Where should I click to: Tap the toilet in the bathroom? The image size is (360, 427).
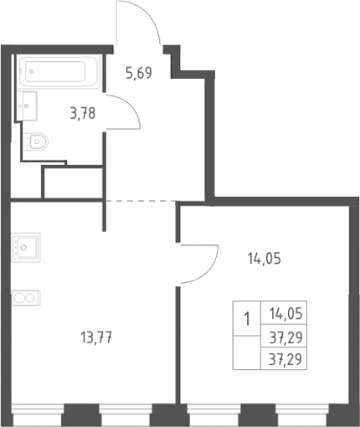[x=35, y=141]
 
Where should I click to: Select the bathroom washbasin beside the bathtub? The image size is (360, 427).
[x=27, y=106]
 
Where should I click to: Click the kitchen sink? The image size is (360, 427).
[x=26, y=247]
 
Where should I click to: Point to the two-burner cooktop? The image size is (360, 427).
[x=26, y=298]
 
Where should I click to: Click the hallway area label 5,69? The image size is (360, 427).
[x=139, y=73]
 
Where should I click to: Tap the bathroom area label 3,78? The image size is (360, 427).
[x=83, y=114]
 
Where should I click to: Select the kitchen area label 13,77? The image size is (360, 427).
[x=96, y=338]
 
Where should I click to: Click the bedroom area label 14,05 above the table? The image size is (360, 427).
[x=265, y=259]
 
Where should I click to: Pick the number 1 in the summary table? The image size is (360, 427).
[x=247, y=319]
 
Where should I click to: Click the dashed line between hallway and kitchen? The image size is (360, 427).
[x=141, y=201]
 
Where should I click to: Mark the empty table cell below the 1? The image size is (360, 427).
[x=247, y=352]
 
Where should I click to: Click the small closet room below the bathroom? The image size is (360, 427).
[x=74, y=183]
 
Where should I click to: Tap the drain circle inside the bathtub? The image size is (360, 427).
[x=31, y=71]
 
